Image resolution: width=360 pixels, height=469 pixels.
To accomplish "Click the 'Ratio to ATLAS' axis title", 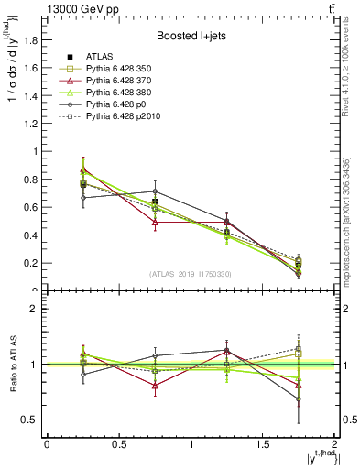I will (x=11, y=365).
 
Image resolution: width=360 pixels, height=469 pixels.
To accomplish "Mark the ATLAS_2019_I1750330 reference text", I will (x=191, y=275).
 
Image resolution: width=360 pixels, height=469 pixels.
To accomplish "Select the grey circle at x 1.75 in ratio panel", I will (x=299, y=399).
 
